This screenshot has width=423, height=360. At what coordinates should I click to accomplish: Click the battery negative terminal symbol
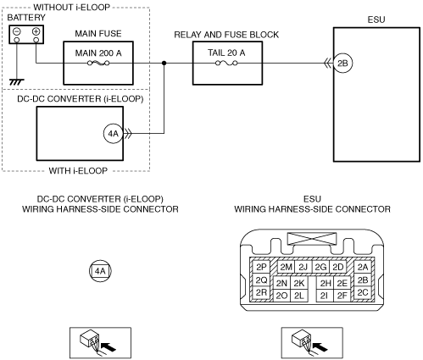point(17,31)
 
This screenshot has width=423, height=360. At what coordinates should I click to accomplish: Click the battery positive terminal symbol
point(36,31)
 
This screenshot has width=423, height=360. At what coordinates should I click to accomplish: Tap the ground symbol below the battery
point(17,82)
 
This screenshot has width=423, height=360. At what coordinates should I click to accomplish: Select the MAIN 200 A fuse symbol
point(98,64)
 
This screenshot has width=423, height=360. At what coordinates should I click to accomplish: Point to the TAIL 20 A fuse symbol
point(226,64)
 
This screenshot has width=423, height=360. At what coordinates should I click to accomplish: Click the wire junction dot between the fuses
point(164,63)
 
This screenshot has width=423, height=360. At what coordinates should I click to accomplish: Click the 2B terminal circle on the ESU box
point(342,64)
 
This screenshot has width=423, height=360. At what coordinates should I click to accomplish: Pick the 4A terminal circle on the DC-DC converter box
point(114,133)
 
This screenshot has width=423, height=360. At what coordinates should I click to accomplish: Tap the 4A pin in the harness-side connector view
point(100,271)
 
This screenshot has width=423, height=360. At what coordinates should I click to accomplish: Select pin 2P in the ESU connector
point(261,267)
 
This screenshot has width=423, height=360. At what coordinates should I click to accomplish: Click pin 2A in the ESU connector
point(363,267)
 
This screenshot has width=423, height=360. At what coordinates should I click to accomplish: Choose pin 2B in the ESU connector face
point(363,280)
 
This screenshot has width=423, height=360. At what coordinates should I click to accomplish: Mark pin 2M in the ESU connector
point(286,267)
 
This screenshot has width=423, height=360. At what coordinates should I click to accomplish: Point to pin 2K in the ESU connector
point(299,283)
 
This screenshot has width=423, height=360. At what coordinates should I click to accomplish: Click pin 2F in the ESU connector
point(342,296)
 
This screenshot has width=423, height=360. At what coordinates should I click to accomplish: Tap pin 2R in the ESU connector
point(261,293)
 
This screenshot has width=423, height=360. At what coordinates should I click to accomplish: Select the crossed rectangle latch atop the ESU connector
point(312,239)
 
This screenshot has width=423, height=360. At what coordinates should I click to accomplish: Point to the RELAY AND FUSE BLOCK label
point(226,35)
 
